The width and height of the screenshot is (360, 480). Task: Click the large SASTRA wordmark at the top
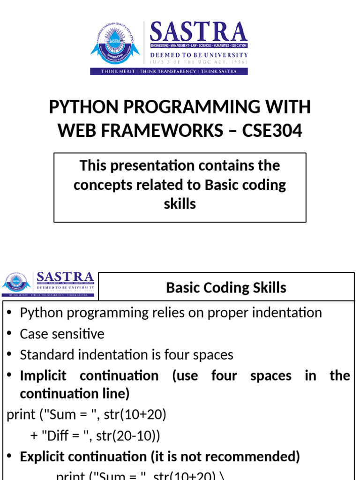[x=198, y=32]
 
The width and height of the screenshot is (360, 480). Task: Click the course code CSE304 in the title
[x=272, y=131]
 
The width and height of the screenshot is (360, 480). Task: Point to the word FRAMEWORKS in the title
[x=159, y=131]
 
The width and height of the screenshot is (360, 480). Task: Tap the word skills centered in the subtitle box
[x=180, y=203]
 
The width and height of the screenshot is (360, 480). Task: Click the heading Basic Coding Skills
[x=226, y=287]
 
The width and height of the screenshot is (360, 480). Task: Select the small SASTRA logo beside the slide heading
[x=49, y=284]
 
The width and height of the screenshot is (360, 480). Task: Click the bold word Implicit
[x=43, y=376]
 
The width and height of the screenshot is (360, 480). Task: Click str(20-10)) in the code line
[x=128, y=436]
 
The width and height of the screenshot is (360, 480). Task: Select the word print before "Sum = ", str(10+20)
[x=21, y=415]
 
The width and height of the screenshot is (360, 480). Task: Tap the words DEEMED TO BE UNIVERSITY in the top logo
[x=199, y=55]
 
